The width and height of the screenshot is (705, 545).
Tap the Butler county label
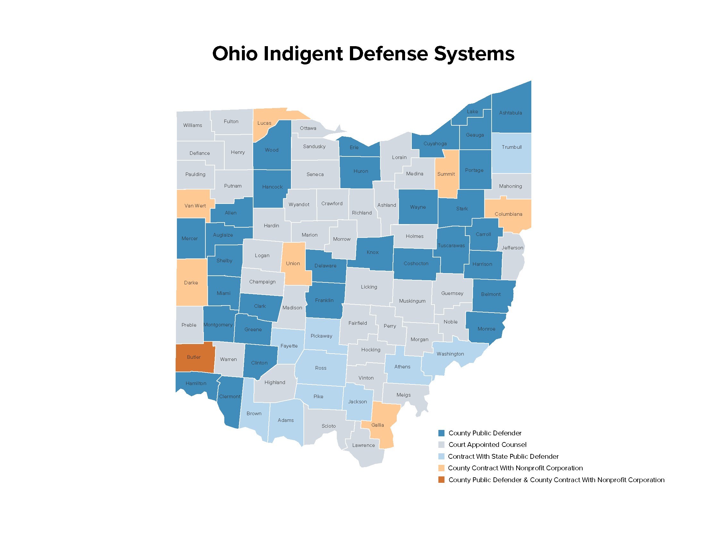click(194, 357)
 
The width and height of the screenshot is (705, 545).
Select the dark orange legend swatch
click(441, 480)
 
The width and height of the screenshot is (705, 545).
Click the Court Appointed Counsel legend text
click(487, 445)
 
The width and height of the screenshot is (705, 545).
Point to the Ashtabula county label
click(510, 113)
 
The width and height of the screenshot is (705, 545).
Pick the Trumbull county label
click(512, 147)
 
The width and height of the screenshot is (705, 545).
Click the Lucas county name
click(264, 123)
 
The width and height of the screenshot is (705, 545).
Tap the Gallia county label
click(378, 425)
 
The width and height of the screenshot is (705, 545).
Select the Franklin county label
click(324, 300)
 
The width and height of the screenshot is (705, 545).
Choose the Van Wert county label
click(195, 206)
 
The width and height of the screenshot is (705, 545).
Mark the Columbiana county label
click(509, 214)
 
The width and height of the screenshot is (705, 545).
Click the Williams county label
click(193, 125)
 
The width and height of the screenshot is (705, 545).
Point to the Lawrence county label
click(363, 445)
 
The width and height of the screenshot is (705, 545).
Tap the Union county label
click(293, 264)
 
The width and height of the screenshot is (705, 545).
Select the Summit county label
click(446, 174)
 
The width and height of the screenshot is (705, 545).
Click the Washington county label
click(450, 354)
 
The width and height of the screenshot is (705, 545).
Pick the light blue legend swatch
click(441, 457)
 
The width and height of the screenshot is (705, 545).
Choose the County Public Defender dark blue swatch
click(441, 433)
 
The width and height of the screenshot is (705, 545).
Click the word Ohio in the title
click(235, 54)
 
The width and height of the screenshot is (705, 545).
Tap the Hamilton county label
click(196, 383)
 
